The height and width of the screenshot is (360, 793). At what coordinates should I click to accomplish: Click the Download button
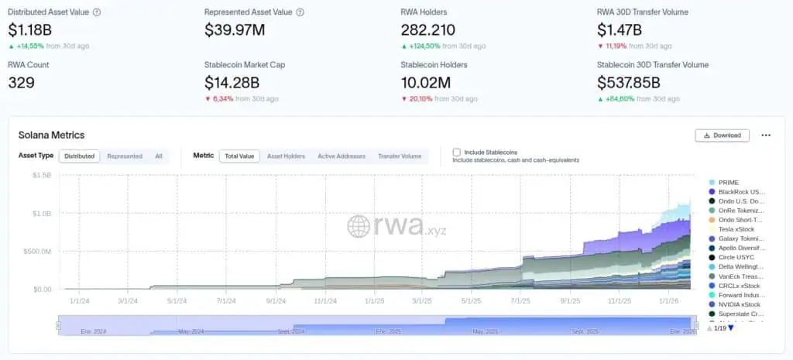coord(722,135)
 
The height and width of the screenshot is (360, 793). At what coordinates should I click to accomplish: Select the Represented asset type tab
coord(125,156)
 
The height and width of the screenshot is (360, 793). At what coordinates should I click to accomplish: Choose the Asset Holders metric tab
coord(286,156)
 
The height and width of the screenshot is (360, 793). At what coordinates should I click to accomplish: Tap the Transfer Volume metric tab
coord(400,156)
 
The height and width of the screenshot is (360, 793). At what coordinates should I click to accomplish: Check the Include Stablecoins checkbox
coord(457,153)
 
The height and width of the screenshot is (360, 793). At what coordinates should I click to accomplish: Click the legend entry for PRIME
coord(728,182)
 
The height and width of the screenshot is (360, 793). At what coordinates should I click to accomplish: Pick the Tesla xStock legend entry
coord(736,229)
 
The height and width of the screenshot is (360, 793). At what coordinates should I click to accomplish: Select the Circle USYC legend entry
coord(736,257)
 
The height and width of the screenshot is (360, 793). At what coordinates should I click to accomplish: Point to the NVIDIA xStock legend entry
coord(739,304)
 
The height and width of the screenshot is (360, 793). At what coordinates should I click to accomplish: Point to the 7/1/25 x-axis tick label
coord(520,300)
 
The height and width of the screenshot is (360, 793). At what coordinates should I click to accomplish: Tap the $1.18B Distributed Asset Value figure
coord(29,30)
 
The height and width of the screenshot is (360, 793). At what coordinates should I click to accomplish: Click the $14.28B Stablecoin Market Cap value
coord(232,82)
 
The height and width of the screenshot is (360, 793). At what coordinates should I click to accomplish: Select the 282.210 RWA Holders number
coord(428,30)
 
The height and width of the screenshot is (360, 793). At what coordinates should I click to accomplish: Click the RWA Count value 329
coord(21,82)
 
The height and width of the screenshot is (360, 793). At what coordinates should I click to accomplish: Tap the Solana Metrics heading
coord(51,135)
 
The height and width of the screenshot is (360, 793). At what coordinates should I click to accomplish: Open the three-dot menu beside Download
coord(766,135)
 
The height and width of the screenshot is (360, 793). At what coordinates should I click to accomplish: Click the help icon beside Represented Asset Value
coord(300,12)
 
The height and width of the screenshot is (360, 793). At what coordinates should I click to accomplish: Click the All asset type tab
coord(158,156)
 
